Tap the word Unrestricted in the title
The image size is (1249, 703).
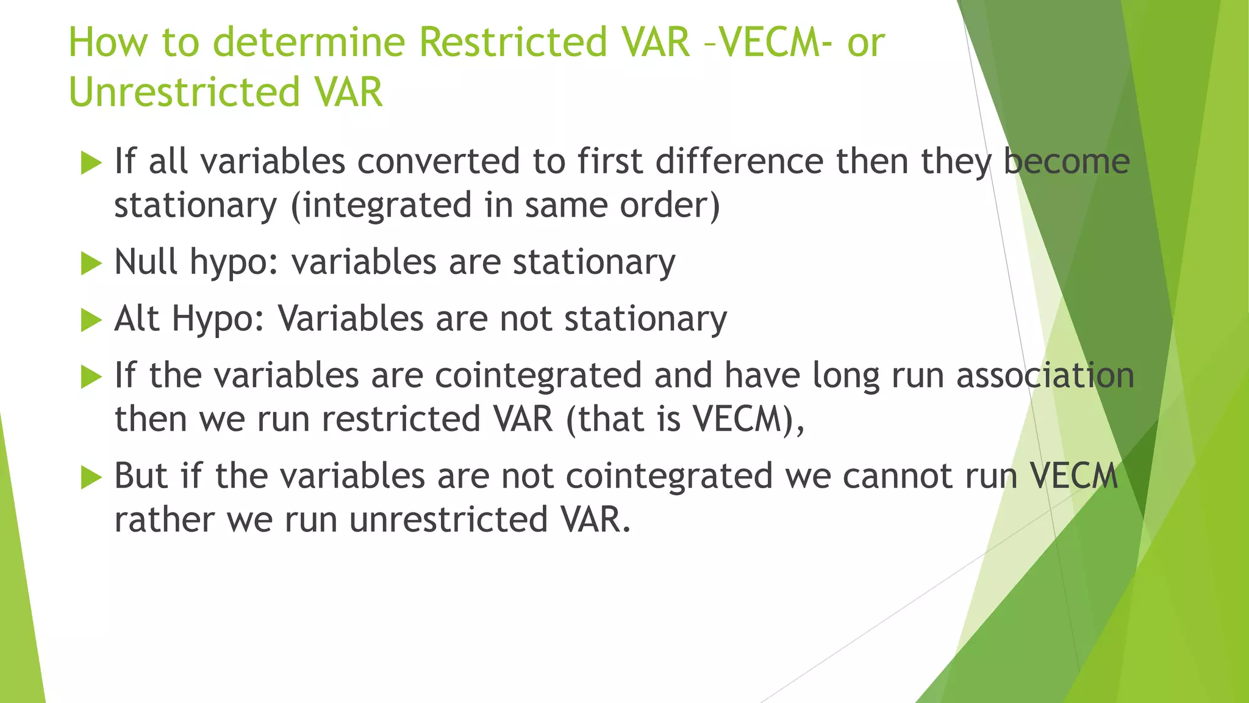[x=184, y=93]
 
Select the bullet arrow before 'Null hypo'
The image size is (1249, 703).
[x=91, y=264]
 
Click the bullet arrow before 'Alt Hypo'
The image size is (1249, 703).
[x=91, y=320]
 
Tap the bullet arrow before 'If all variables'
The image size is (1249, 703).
[x=91, y=163]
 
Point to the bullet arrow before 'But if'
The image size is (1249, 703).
[x=91, y=477]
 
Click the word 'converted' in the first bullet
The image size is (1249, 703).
[x=438, y=162]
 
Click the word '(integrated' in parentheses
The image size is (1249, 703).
[x=381, y=206]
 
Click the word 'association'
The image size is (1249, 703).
[x=1045, y=375]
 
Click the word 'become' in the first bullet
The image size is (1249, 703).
[x=1067, y=162]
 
